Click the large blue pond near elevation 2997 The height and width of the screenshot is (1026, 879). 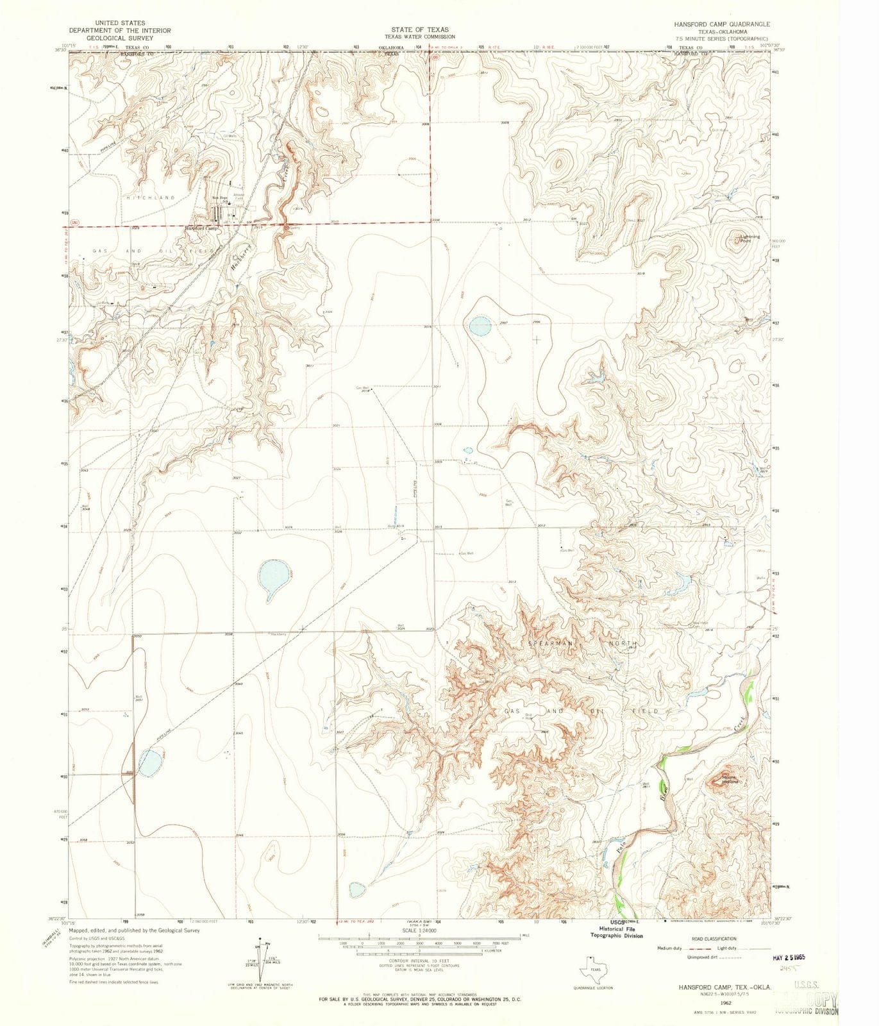pos(480,326)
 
